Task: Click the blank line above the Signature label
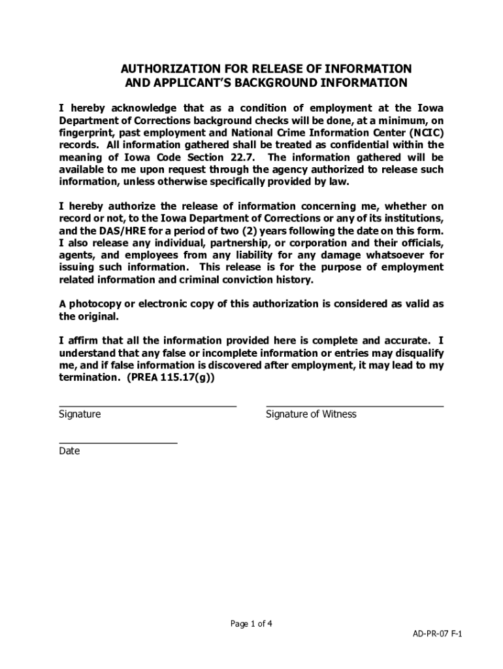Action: click(148, 406)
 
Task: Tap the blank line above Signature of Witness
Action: click(355, 406)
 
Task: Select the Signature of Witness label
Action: click(311, 414)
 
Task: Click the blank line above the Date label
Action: click(118, 443)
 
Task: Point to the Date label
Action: click(69, 451)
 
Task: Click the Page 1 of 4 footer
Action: click(252, 623)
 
